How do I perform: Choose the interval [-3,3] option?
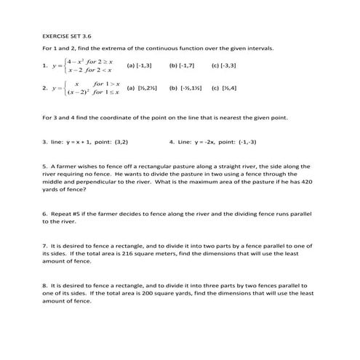(x=222, y=65)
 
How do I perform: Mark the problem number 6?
(x=44, y=214)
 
